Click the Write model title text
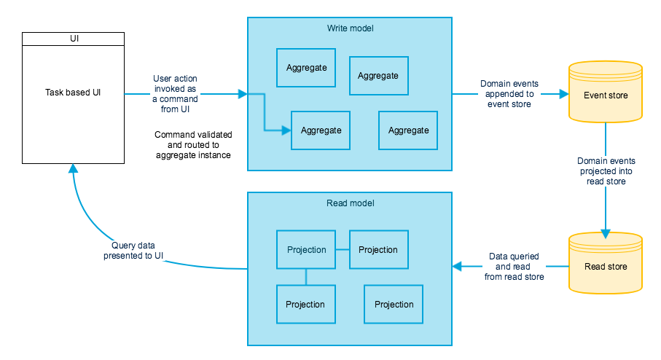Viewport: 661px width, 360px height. tap(350, 28)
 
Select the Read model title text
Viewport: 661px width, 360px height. tap(350, 203)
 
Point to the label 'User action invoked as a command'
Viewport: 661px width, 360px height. tap(175, 94)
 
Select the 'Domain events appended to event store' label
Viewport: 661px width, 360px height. tap(510, 94)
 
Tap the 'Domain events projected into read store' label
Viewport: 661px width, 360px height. tap(606, 171)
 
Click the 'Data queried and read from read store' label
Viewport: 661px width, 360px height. tap(515, 266)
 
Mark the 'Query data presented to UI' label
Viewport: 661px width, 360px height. tap(133, 250)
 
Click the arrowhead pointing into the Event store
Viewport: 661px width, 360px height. tap(563, 94)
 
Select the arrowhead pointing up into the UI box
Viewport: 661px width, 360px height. tap(72, 169)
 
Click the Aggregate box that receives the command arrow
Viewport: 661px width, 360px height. tap(321, 130)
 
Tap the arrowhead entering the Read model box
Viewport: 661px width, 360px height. tap(457, 266)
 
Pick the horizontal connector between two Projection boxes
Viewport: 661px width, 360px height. tap(343, 249)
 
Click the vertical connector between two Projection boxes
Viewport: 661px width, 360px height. tap(306, 277)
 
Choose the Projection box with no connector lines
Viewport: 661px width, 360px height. tap(394, 305)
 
